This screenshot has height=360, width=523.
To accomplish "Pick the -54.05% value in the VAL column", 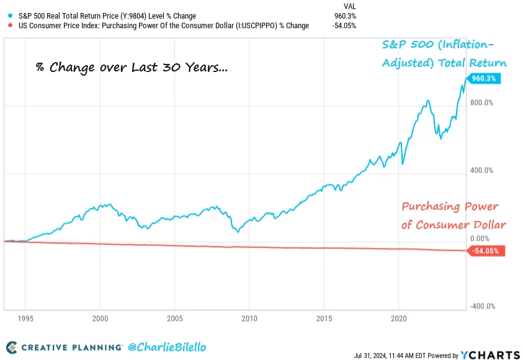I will coord(345,25).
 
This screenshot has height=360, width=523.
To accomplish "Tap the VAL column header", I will coord(349,6).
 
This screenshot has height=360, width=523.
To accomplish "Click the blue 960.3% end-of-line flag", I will coord(486,79).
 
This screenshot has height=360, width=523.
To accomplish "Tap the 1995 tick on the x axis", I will coord(25,318).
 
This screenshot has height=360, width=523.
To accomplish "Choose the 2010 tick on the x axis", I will coord(249,318).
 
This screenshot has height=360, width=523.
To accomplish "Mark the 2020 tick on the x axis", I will coord(398,318).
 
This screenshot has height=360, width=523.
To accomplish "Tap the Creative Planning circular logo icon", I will coord(12,346).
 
